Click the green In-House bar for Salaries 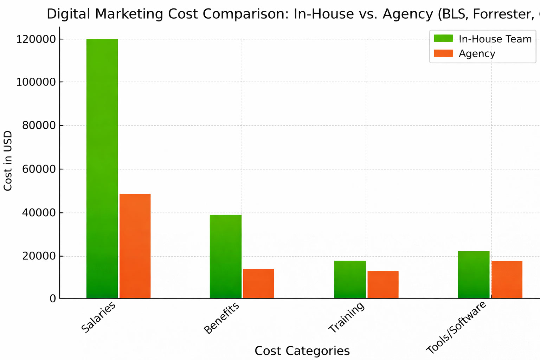(x=102, y=169)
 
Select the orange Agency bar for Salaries (x=135, y=246)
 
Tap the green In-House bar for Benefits (x=226, y=257)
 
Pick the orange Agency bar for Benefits (x=258, y=284)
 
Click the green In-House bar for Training (x=350, y=279)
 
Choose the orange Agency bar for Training (x=383, y=285)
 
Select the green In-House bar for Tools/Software (x=474, y=275)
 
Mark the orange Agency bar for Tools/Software (x=507, y=279)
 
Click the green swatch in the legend (x=443, y=38)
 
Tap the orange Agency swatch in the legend (x=443, y=53)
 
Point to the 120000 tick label (x=36, y=39)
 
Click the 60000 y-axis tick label (x=39, y=169)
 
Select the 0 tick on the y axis (x=53, y=298)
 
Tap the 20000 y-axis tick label (x=39, y=256)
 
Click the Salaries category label (x=98, y=317)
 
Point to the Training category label (x=347, y=317)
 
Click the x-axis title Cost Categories (x=302, y=351)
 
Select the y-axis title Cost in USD (x=8, y=161)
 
